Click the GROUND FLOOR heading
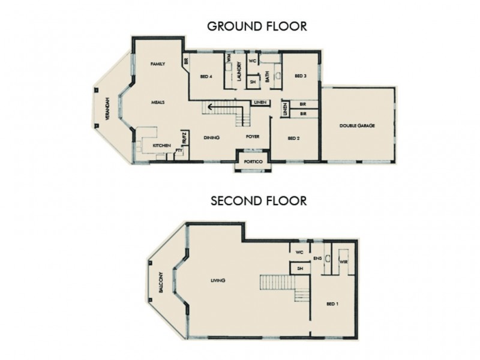pos(257,26)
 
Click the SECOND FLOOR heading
pos(259,200)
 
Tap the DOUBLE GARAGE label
pos(357,126)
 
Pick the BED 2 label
pos(293,138)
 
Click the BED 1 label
pos(332,304)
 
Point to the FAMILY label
pos(158,63)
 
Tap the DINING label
pos(211,138)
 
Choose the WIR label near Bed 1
pos(344,262)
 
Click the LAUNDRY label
pos(239,71)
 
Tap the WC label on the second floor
pos(299,252)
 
